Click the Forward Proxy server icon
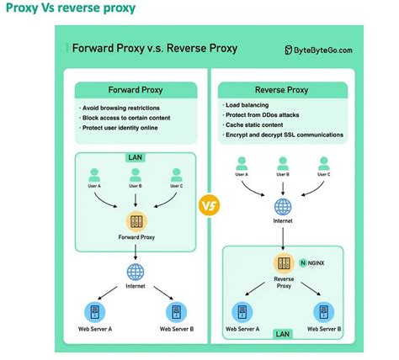136,222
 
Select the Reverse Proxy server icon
282,262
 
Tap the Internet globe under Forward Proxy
136,272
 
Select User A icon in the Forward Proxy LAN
95,175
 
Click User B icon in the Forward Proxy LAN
136,175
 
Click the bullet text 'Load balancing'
252,105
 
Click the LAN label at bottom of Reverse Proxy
282,334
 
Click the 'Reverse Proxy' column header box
282,89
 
